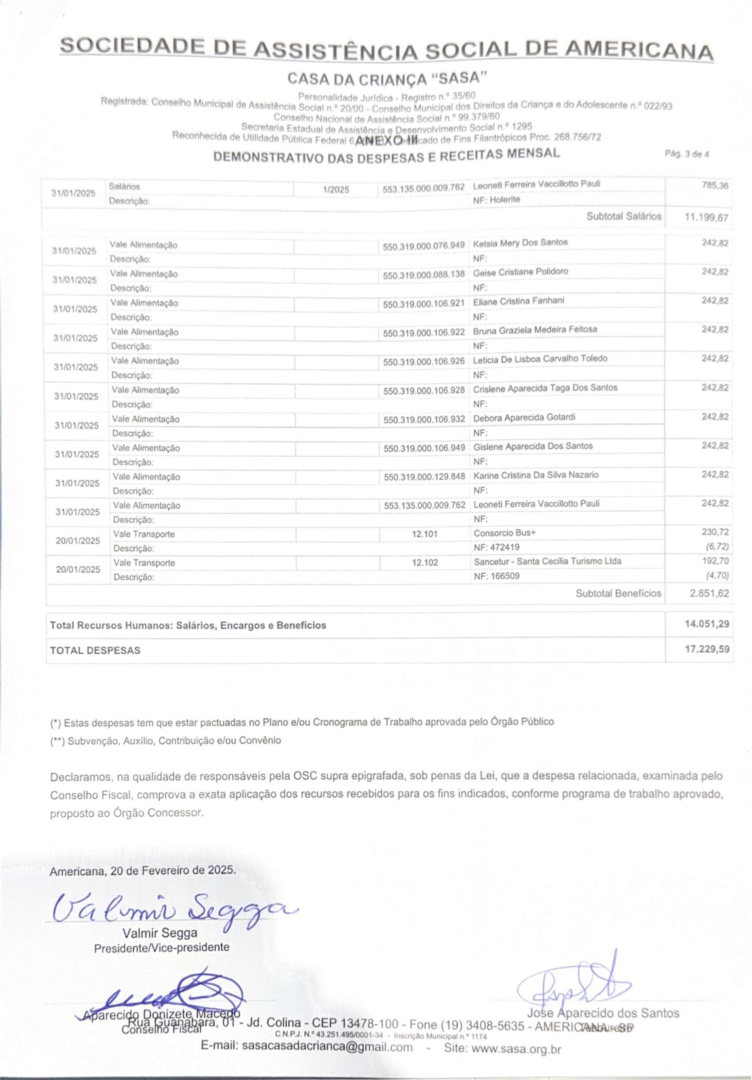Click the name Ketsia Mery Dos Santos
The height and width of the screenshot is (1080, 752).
(520, 243)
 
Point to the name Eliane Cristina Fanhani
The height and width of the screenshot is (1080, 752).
(518, 300)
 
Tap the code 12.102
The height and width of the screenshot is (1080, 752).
(425, 562)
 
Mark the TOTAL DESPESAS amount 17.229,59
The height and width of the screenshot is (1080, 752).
(707, 649)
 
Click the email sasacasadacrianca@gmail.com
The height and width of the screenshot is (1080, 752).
(327, 1060)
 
